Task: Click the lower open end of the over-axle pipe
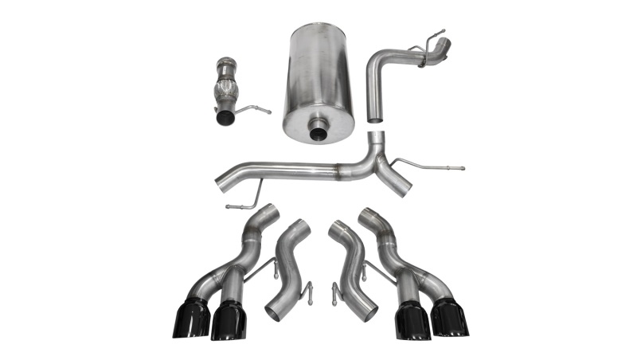click(x=375, y=117)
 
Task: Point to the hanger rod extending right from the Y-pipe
click(x=434, y=167)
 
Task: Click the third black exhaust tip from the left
click(x=412, y=320)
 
